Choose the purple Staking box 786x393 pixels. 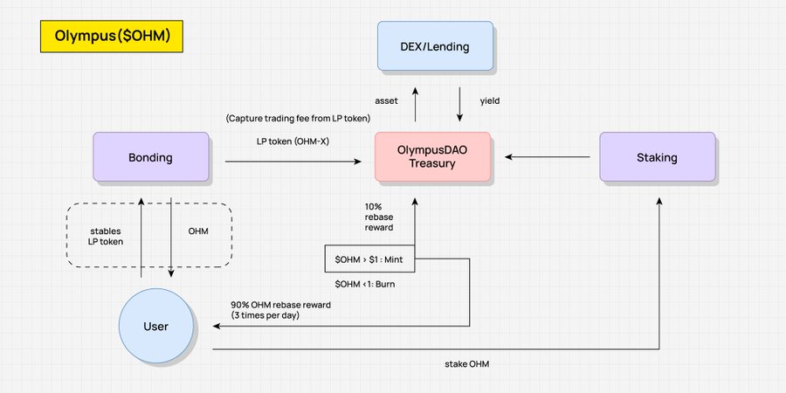point(657,158)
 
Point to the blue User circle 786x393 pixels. point(155,327)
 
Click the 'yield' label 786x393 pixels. point(491,100)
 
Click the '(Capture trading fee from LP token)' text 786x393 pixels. point(298,118)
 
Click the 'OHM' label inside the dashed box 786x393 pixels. point(198,232)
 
